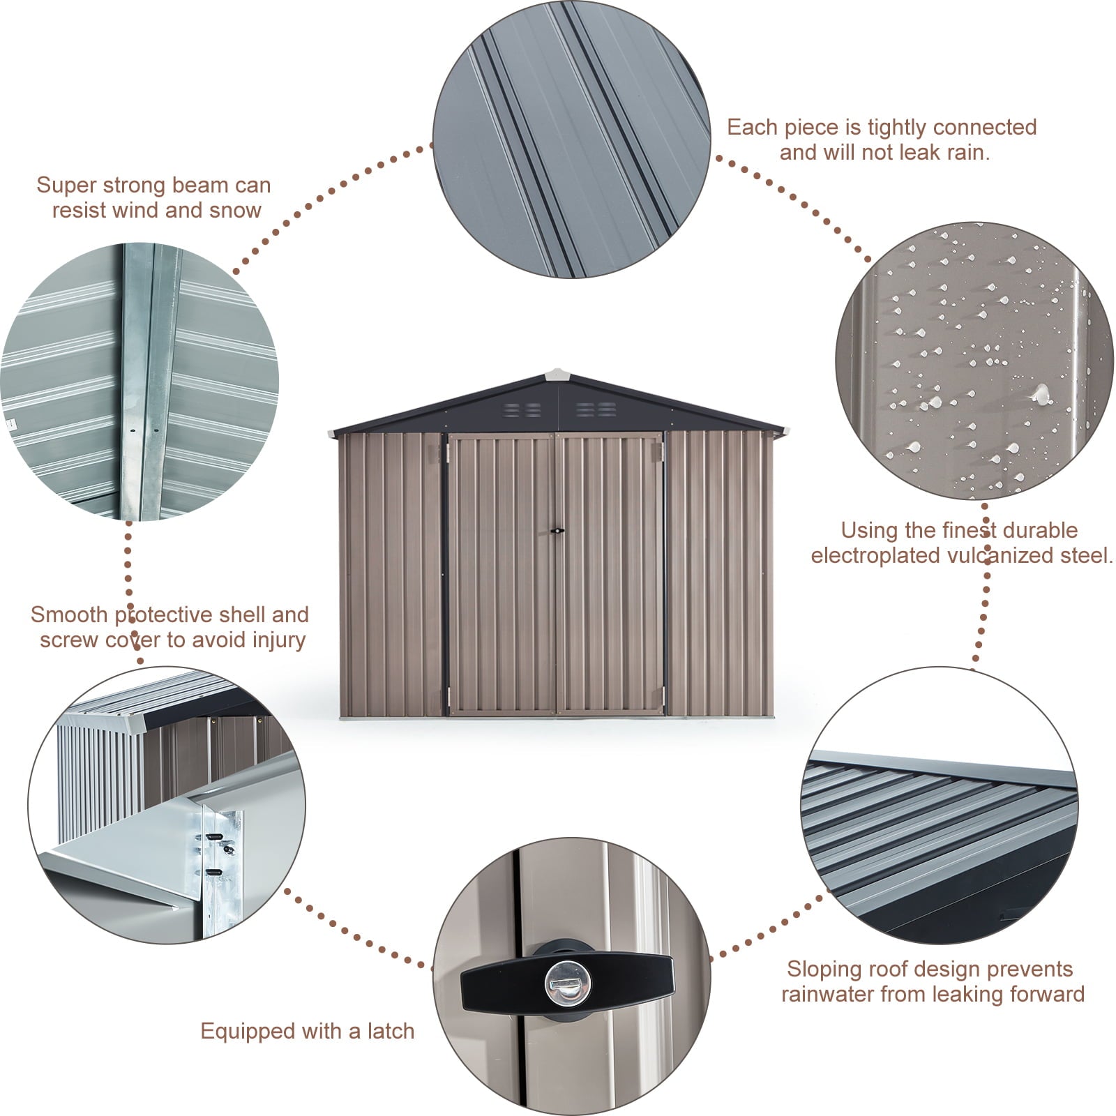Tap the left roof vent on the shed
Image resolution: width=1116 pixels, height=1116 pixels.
pos(522,409)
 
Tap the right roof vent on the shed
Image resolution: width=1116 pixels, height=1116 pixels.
pos(596,409)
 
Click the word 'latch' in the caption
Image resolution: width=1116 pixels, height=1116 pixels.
pos(390,1031)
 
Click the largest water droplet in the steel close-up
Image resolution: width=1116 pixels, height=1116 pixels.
pos(1041,395)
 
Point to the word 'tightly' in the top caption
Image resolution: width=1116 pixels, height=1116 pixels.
pos(894,127)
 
